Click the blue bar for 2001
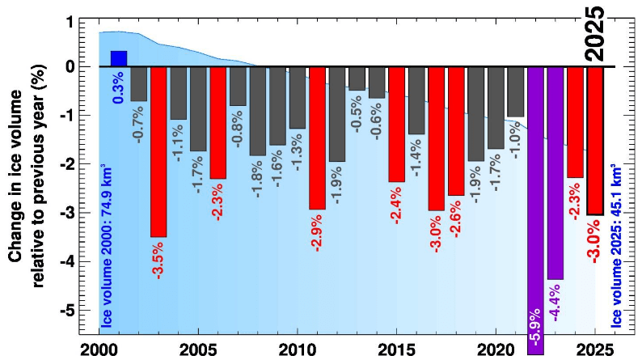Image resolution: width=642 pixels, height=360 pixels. [119, 59]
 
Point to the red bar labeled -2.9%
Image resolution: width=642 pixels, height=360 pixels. [317, 138]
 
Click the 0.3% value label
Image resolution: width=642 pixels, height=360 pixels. [119, 87]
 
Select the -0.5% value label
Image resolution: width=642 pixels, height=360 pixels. [357, 113]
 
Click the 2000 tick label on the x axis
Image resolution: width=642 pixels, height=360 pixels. [100, 349]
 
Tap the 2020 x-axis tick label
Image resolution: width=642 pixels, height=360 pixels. [496, 349]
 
